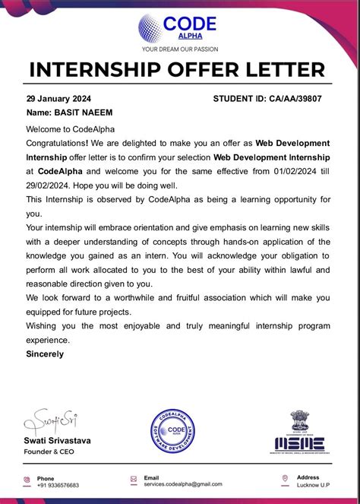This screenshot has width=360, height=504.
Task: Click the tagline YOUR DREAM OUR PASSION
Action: (x=180, y=49)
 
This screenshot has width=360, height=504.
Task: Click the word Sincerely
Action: (x=45, y=353)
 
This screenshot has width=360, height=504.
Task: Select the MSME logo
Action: (x=299, y=444)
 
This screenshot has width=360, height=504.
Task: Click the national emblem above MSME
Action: (x=299, y=421)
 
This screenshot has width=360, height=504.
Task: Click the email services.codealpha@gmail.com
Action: (x=182, y=484)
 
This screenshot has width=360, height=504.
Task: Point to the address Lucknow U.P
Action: (x=313, y=484)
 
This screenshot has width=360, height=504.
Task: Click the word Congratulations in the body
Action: (x=57, y=143)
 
